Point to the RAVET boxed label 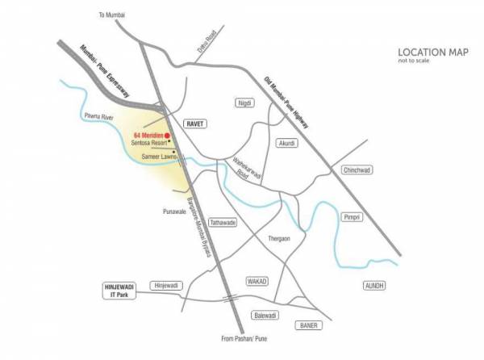(x=195, y=124)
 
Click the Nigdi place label (x=244, y=103)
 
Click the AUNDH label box (x=375, y=286)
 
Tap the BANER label (x=307, y=325)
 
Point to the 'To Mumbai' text (x=114, y=15)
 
